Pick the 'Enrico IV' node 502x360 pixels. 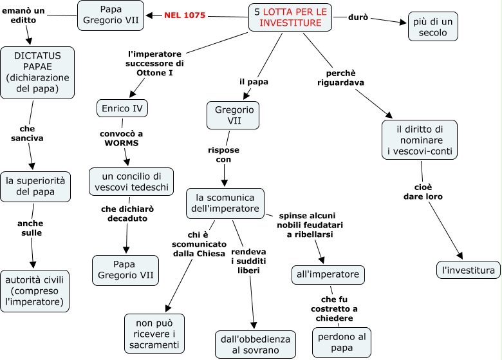point(122,108)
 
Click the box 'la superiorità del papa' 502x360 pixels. point(36,185)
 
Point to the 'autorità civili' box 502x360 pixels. point(36,289)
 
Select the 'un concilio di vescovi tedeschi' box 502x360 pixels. point(131,182)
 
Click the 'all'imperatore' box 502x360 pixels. point(329,274)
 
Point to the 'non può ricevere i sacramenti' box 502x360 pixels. point(154,334)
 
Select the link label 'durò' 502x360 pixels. point(358,17)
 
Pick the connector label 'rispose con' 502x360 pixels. point(223,155)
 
